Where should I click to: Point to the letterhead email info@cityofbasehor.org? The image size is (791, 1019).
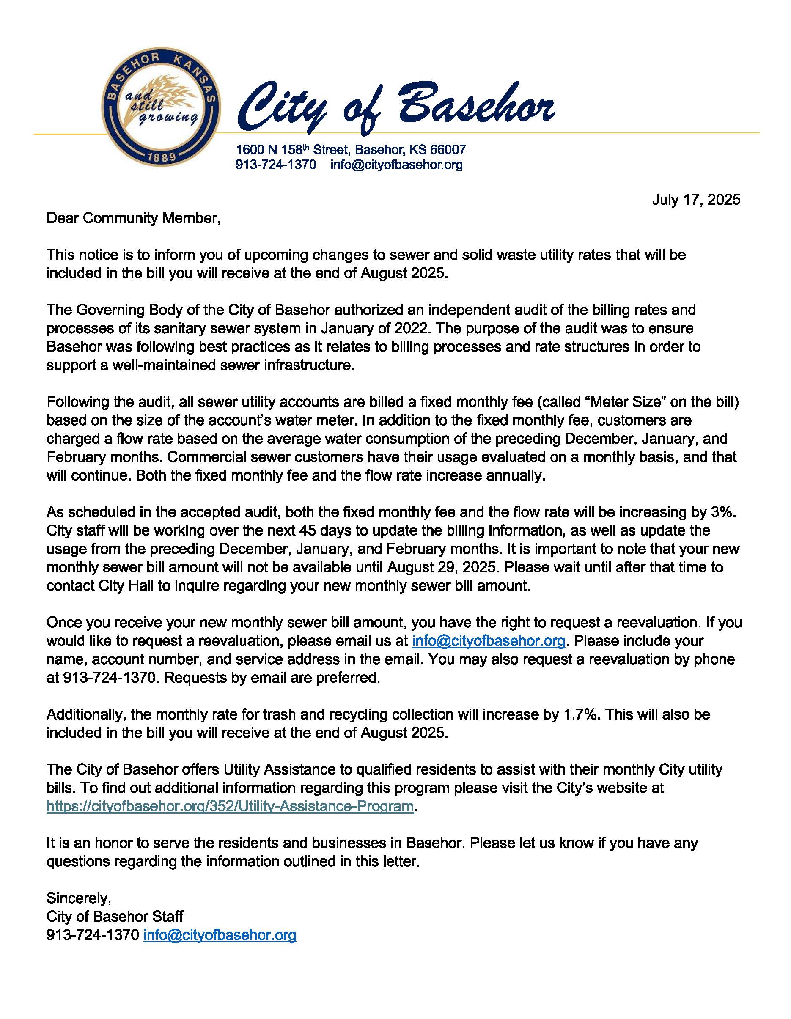tap(396, 165)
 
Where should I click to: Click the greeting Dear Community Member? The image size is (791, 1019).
tap(133, 218)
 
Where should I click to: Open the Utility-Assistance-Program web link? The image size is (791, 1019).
tap(230, 806)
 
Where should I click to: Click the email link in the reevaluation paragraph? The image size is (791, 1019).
tap(489, 641)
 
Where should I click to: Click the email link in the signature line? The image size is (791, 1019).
tap(220, 935)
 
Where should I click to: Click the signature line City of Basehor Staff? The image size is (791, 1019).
tap(115, 917)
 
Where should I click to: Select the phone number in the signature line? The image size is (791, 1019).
tap(92, 935)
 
